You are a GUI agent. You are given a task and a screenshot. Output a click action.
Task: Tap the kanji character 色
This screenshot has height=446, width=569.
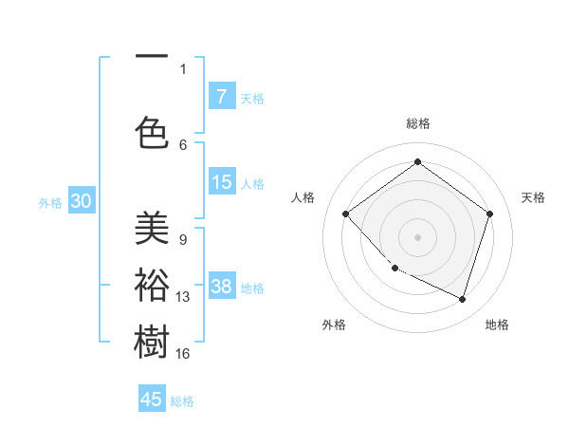tap(152, 132)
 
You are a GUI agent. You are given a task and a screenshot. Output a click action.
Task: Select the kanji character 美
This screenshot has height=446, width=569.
tap(152, 228)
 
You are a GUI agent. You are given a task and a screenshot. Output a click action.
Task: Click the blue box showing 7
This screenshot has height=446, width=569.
tap(222, 97)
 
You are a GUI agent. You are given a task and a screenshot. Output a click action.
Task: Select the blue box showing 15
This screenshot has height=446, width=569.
tap(222, 183)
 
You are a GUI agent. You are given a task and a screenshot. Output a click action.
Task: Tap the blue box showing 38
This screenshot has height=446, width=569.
tap(222, 288)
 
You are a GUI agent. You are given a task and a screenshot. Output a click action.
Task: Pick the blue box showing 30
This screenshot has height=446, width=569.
tap(81, 202)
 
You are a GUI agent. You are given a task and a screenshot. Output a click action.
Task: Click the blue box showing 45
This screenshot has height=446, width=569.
tap(152, 400)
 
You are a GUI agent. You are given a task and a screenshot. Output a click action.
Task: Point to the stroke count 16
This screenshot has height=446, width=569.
tap(183, 354)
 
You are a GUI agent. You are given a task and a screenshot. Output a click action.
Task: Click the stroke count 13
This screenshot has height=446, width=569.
tap(183, 297)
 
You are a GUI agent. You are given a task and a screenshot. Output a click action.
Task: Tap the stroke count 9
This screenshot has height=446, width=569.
tap(182, 240)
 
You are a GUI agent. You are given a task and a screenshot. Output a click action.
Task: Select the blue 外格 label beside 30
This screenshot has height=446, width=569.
tap(50, 203)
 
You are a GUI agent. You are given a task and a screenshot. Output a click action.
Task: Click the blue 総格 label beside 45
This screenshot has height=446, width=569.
tap(183, 401)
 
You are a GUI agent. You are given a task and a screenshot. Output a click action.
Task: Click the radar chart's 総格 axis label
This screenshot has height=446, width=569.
tap(417, 123)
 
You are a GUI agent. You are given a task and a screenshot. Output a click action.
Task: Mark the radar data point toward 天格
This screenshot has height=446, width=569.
tap(489, 214)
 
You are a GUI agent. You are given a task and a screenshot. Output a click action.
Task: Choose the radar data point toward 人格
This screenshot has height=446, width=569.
tap(346, 214)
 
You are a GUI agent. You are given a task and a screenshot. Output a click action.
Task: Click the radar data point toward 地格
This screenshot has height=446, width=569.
tap(462, 299)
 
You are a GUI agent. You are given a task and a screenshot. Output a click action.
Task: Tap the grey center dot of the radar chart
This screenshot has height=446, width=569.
tap(417, 236)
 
